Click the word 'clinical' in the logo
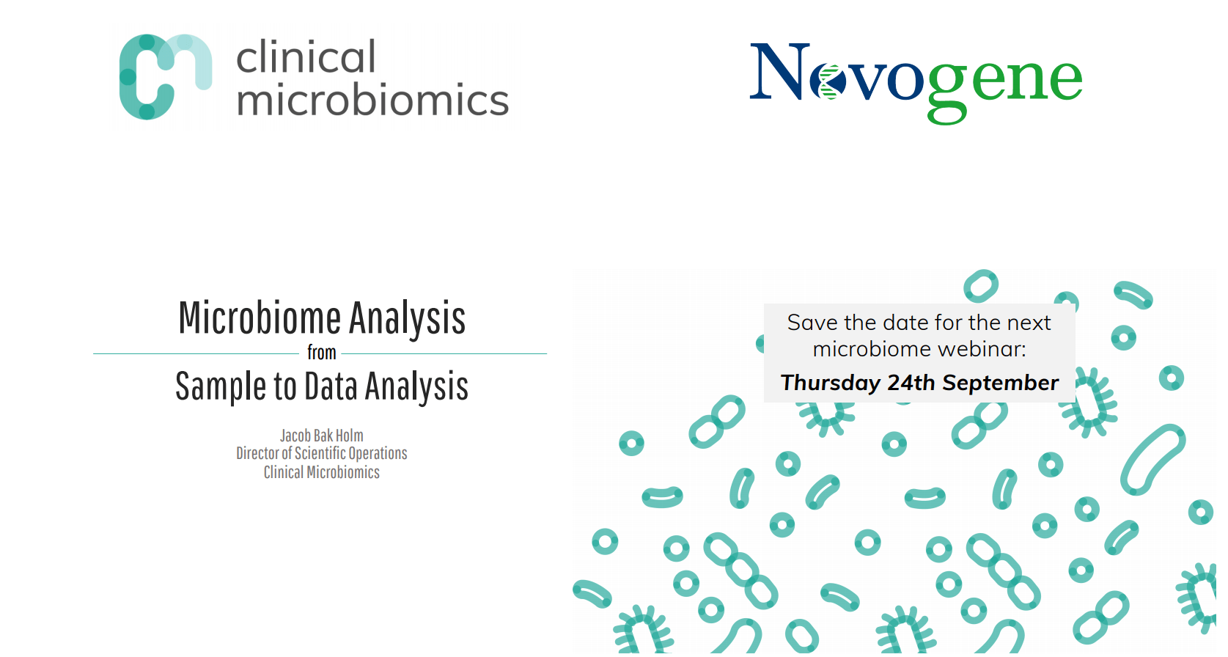306,56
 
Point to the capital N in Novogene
779,71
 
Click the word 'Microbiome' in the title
260,318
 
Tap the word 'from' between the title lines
322,353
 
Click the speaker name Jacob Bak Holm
322,436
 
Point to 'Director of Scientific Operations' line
322,454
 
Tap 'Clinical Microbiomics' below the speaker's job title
322,472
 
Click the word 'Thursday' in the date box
830,383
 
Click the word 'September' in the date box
1001,383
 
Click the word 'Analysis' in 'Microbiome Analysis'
408,319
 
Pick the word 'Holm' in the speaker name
349,436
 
